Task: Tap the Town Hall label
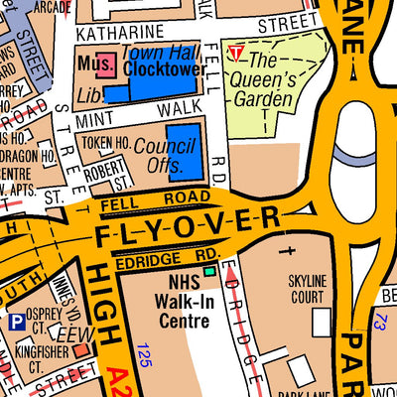coord(154,52)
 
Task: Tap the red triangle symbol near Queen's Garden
coord(235,51)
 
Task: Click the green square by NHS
coord(208,270)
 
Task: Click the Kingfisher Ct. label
coord(40,358)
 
